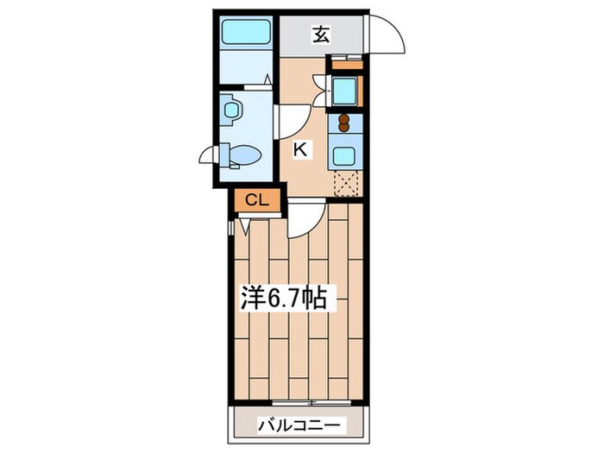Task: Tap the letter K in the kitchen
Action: [x=300, y=149]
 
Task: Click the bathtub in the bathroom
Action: [x=247, y=32]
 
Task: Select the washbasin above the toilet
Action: [x=231, y=110]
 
